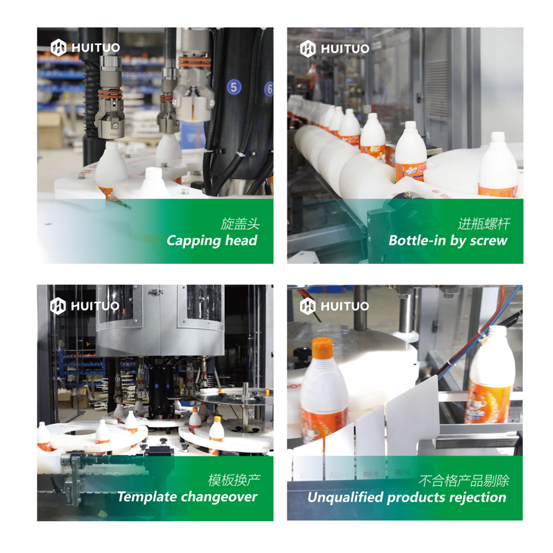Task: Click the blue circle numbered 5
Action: pos(234,87)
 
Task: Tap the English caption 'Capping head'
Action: pos(212,241)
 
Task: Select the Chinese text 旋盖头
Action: pos(240,224)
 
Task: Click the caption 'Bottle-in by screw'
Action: pos(448,240)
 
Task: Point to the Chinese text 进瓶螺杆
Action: pos(484,224)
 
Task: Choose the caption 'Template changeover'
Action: pos(187,497)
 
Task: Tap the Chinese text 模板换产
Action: pos(234,480)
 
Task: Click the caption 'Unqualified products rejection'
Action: pos(406,498)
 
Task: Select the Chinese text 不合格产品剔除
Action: pos(464,480)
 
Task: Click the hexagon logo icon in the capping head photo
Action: pos(58,48)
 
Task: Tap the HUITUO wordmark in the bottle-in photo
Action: pos(345,49)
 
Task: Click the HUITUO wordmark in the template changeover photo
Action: pos(95,306)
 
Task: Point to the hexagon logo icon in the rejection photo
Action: pos(307,306)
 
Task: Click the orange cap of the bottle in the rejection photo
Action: pos(322,347)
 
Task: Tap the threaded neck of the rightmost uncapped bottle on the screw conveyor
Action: pos(498,138)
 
